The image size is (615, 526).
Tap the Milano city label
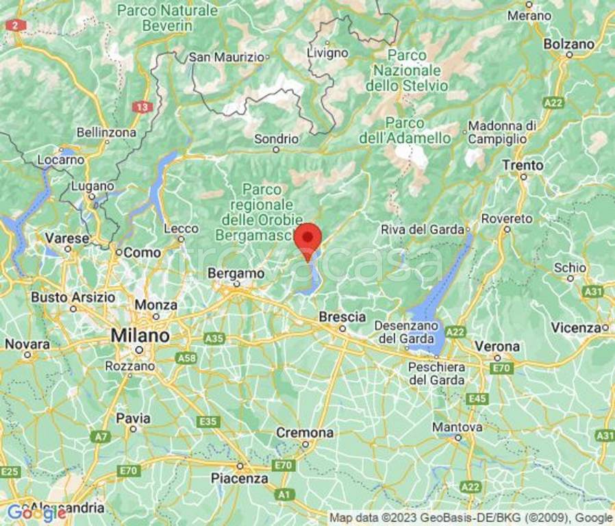tap(140, 336)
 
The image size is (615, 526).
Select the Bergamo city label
tap(236, 273)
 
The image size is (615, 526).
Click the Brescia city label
tap(342, 317)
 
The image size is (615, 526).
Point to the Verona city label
tap(497, 347)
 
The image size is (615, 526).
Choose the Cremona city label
tap(305, 433)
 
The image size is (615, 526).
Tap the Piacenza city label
tap(239, 478)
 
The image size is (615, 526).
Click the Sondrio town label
tap(276, 139)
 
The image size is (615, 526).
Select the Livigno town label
tap(327, 53)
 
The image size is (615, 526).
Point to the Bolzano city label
tap(568, 44)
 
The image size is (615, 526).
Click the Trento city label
tap(523, 165)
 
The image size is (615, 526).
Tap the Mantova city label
tap(458, 427)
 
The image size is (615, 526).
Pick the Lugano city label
tap(92, 186)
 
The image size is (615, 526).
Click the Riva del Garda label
tap(423, 229)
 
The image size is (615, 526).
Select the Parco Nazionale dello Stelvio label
tap(407, 70)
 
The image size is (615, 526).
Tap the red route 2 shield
tap(15, 25)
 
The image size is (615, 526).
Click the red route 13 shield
tap(142, 107)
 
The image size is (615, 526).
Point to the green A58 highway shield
tap(186, 358)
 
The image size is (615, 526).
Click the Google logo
tap(36, 512)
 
